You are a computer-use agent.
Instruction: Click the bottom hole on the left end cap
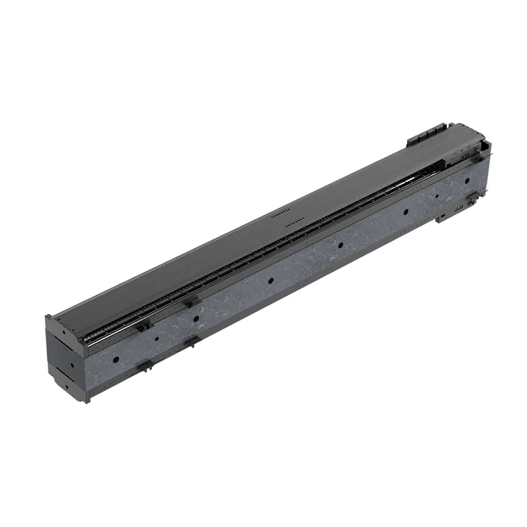pyautogui.click(x=67, y=386)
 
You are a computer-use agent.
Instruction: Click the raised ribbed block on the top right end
pyautogui.click(x=426, y=134)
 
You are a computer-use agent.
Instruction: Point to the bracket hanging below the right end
pyautogui.click(x=450, y=212)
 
